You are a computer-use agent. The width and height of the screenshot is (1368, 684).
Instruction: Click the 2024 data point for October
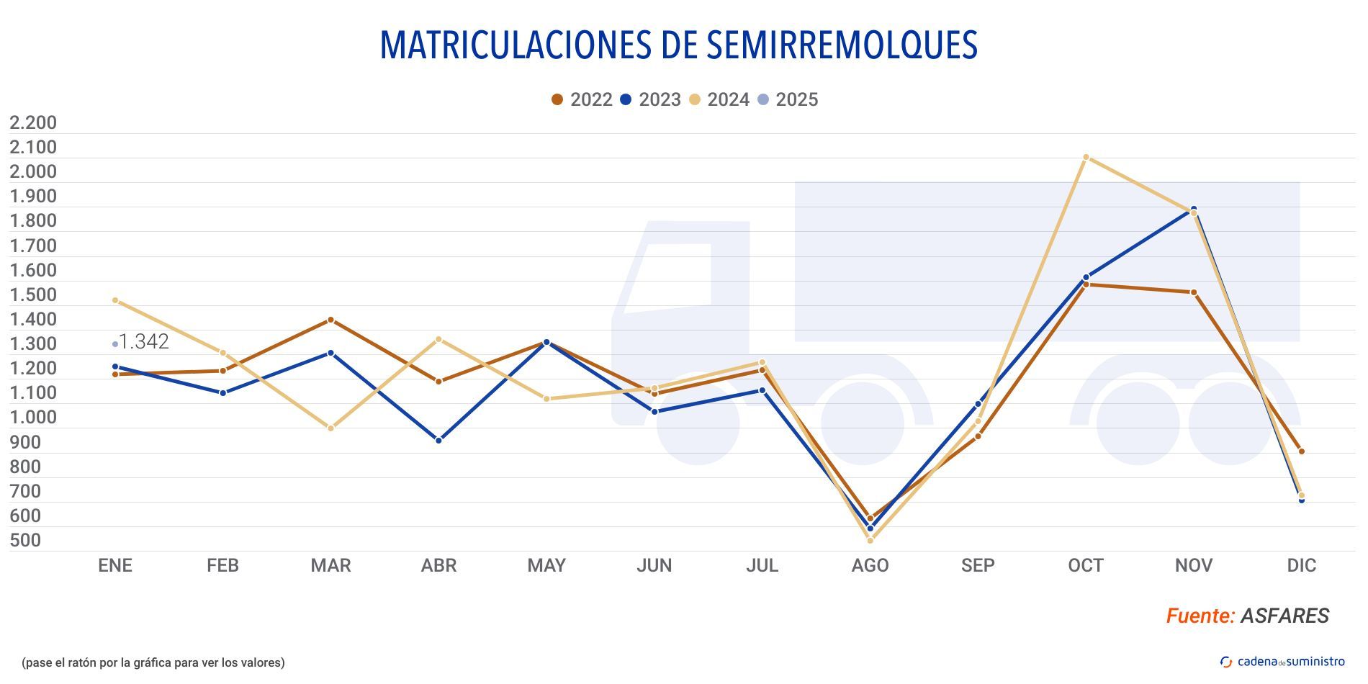[1086, 157]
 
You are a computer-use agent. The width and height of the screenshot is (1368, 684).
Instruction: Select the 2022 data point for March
[330, 320]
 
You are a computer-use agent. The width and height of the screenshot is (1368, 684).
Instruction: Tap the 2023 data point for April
[438, 440]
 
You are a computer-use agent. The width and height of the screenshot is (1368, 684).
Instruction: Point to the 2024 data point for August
[870, 540]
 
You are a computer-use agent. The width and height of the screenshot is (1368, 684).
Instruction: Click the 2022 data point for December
[1301, 451]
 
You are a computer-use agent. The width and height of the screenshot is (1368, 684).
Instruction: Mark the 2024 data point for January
[115, 300]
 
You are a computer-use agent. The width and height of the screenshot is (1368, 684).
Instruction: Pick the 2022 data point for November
[1193, 292]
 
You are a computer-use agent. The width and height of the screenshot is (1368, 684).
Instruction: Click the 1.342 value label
[143, 342]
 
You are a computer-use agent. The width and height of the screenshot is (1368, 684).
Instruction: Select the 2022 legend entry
[582, 99]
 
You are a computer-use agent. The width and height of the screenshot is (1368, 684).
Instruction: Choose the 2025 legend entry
[788, 99]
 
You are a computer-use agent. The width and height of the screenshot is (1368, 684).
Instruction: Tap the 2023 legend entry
[650, 99]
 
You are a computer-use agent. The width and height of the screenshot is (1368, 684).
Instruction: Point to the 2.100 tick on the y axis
[33, 148]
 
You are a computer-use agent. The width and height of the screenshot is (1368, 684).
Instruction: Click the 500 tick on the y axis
[25, 540]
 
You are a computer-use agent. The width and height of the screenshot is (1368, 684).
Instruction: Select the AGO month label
[870, 566]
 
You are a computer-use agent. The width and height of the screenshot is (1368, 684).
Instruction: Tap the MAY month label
[546, 566]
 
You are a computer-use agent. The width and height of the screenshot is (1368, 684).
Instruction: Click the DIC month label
[1301, 566]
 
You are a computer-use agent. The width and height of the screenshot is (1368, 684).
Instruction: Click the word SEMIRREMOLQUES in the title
[842, 45]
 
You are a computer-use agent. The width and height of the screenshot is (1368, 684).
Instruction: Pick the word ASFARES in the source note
[1284, 616]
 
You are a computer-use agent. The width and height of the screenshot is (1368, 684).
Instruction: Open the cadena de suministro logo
[1282, 662]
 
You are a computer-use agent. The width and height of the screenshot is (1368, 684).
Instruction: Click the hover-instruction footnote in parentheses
[153, 662]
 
